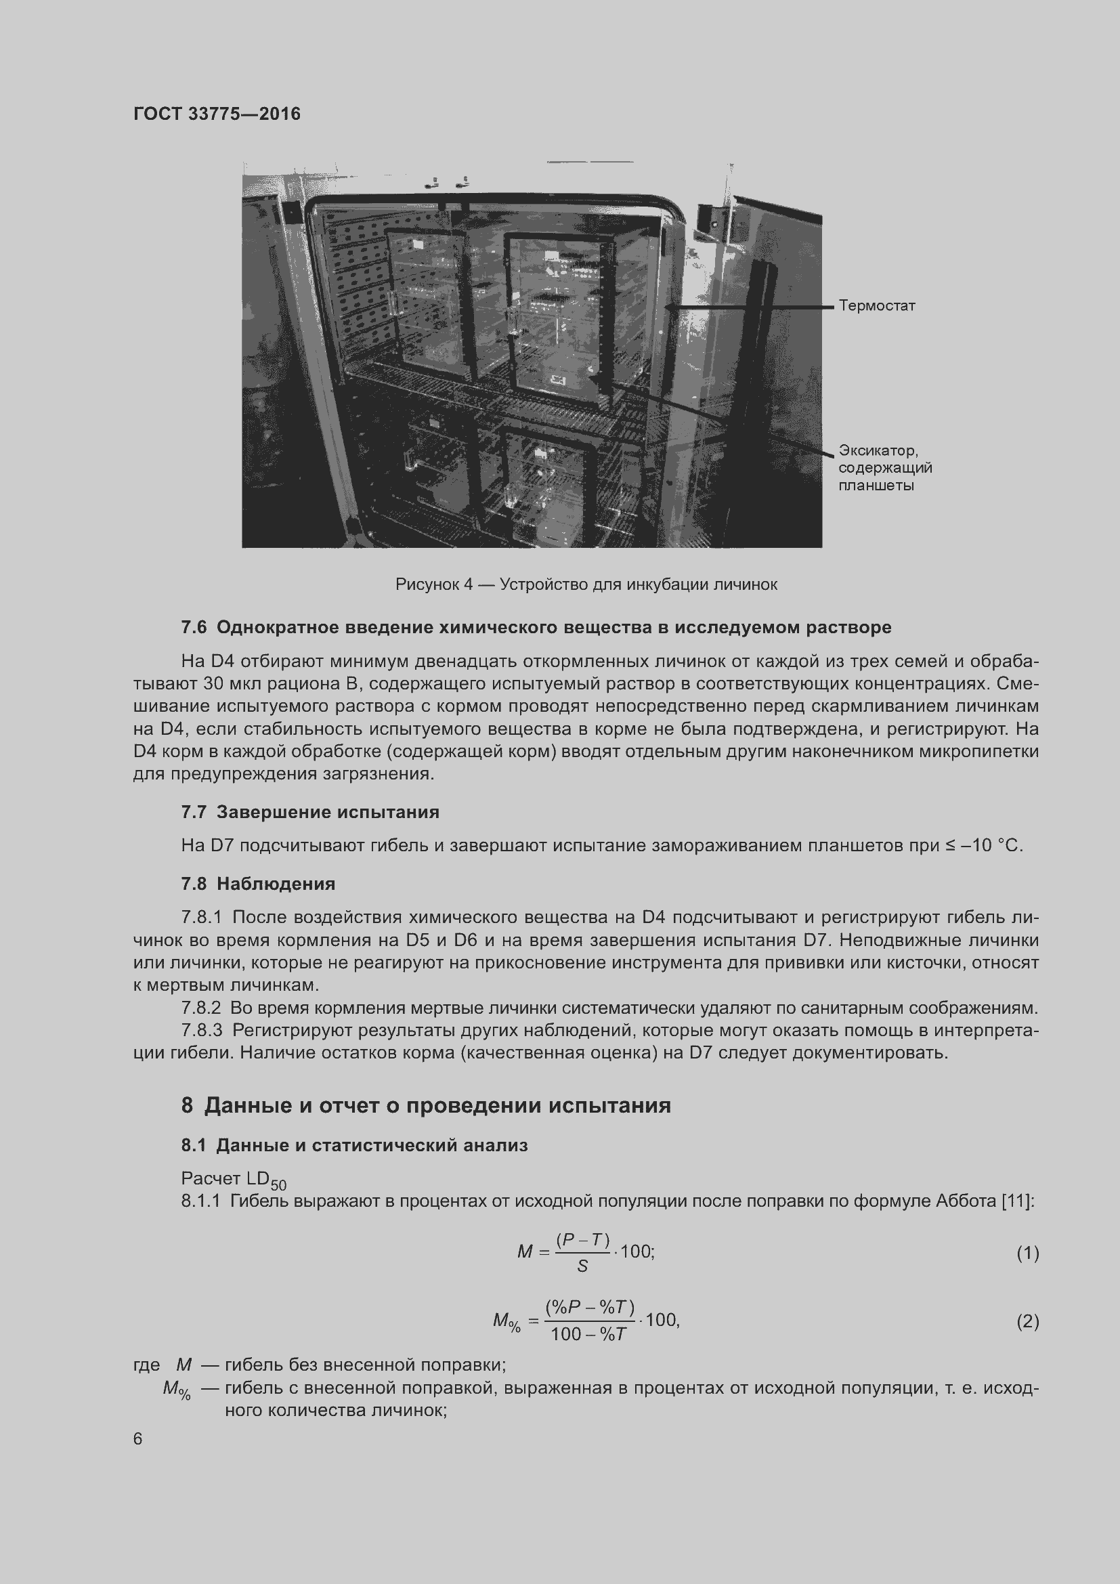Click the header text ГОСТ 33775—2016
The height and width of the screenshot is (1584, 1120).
click(217, 114)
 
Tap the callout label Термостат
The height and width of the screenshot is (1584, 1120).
click(876, 305)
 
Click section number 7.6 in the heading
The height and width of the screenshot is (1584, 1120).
click(194, 627)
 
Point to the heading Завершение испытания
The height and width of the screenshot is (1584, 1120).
click(328, 812)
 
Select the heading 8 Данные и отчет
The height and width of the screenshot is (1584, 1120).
click(425, 1105)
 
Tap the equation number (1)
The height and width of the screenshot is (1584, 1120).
click(1027, 1253)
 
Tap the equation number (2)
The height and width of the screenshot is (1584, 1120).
click(1027, 1321)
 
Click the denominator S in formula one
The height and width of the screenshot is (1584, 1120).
click(582, 1266)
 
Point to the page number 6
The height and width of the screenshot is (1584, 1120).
click(138, 1438)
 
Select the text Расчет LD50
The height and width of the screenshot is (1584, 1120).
click(233, 1179)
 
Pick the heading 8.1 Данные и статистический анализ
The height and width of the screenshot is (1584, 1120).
click(354, 1145)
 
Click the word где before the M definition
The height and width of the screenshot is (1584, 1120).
click(146, 1365)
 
